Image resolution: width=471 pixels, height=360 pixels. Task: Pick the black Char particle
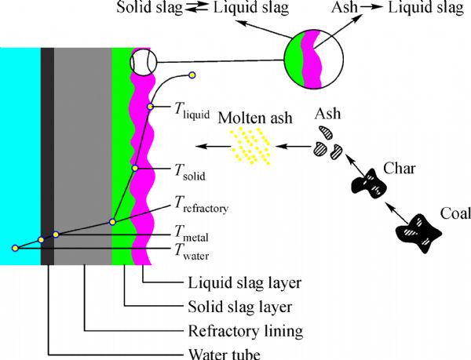point(370,185)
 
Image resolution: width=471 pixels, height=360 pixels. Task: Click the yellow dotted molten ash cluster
point(250,146)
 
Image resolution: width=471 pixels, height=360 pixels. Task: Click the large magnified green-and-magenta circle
point(314,59)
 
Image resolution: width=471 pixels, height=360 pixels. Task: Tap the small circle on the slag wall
point(144,60)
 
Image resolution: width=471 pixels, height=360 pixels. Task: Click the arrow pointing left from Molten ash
point(211,146)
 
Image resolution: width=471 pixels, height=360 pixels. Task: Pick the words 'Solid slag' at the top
point(149,9)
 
